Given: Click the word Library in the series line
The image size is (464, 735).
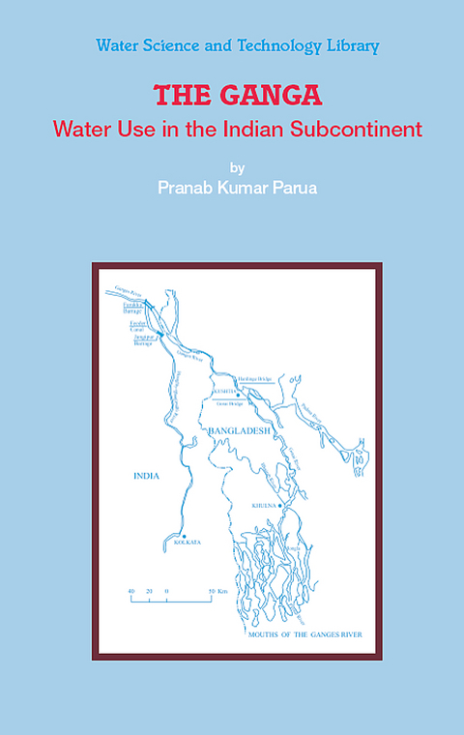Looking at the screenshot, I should click(352, 45).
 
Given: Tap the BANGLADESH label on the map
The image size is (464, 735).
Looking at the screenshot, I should click(239, 430).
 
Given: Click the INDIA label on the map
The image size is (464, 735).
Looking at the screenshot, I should click(147, 476).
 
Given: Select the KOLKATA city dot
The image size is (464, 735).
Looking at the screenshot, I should click(183, 535).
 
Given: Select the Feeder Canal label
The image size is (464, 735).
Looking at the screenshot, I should click(138, 324).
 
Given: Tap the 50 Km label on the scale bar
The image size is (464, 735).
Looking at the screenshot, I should click(217, 590).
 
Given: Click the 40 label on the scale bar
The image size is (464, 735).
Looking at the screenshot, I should click(131, 590).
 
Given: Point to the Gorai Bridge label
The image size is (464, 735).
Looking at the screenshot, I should click(229, 401).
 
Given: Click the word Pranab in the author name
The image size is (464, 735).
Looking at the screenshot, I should click(186, 187).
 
